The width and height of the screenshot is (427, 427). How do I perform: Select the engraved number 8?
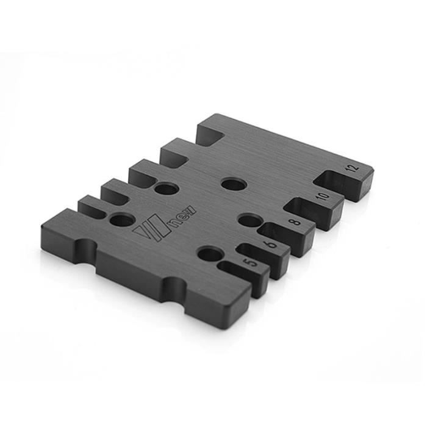(295, 222)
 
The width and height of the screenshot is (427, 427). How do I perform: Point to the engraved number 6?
(272, 244)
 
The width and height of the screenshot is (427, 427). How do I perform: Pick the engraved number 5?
(251, 263)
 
